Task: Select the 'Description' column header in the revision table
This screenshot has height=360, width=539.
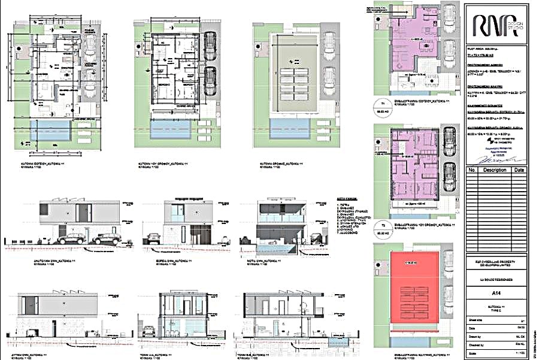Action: (x=494, y=170)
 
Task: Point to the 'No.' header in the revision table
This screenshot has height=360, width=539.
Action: (x=471, y=170)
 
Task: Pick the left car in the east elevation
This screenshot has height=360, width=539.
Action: (x=71, y=238)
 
